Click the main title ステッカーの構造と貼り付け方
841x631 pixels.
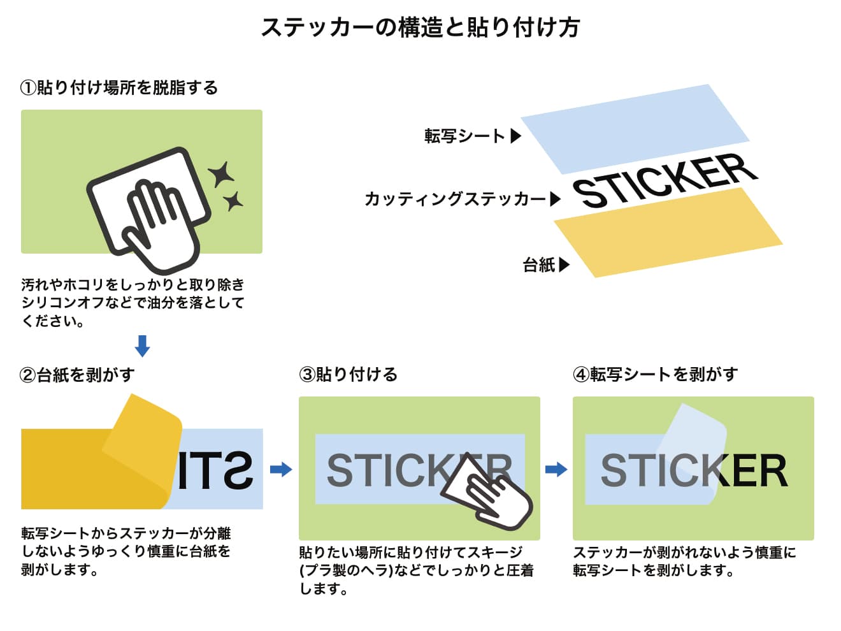(x=420, y=27)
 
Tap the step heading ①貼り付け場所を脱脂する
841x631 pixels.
(x=119, y=88)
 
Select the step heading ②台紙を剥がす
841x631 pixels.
(x=77, y=375)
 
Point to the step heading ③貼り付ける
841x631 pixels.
(x=348, y=374)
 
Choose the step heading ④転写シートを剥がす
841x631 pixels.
(x=655, y=374)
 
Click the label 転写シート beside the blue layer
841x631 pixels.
(x=464, y=136)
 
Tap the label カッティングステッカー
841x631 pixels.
(x=456, y=199)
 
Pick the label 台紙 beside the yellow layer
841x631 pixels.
(x=539, y=265)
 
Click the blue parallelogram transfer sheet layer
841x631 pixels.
(x=635, y=129)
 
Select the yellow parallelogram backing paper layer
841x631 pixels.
(x=668, y=233)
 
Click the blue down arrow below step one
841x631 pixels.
(x=142, y=346)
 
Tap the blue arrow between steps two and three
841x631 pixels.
(x=281, y=469)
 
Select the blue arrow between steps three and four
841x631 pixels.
(x=556, y=469)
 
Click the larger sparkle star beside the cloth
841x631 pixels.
(x=222, y=174)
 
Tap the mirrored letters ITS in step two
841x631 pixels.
(x=215, y=470)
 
